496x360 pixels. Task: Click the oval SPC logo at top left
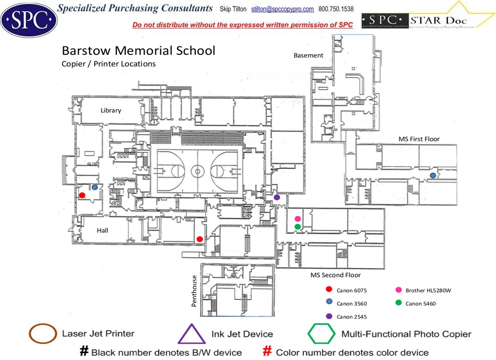pos(29,18)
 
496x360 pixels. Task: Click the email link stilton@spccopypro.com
pos(282,9)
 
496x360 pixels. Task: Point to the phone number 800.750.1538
pos(336,9)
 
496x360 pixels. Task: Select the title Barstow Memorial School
pos(138,50)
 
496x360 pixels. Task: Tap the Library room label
pos(111,110)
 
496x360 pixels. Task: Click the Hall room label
pos(103,230)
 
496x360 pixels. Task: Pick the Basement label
pos(308,55)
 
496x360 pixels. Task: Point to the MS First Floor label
pos(419,139)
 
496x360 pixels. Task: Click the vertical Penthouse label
pos(194,290)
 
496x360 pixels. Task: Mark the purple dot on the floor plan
pos(277,197)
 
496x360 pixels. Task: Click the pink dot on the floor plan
pos(298,219)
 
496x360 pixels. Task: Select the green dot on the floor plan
pos(298,227)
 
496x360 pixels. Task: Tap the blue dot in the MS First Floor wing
pos(433,175)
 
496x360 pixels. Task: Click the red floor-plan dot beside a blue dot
pos(82,195)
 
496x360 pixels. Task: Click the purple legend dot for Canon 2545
pos(329,316)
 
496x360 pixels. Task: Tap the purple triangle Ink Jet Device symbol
pos(191,334)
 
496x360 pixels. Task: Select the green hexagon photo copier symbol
pos(322,334)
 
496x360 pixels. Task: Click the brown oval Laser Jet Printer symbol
pos(43,334)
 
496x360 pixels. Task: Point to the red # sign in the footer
pos(268,351)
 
